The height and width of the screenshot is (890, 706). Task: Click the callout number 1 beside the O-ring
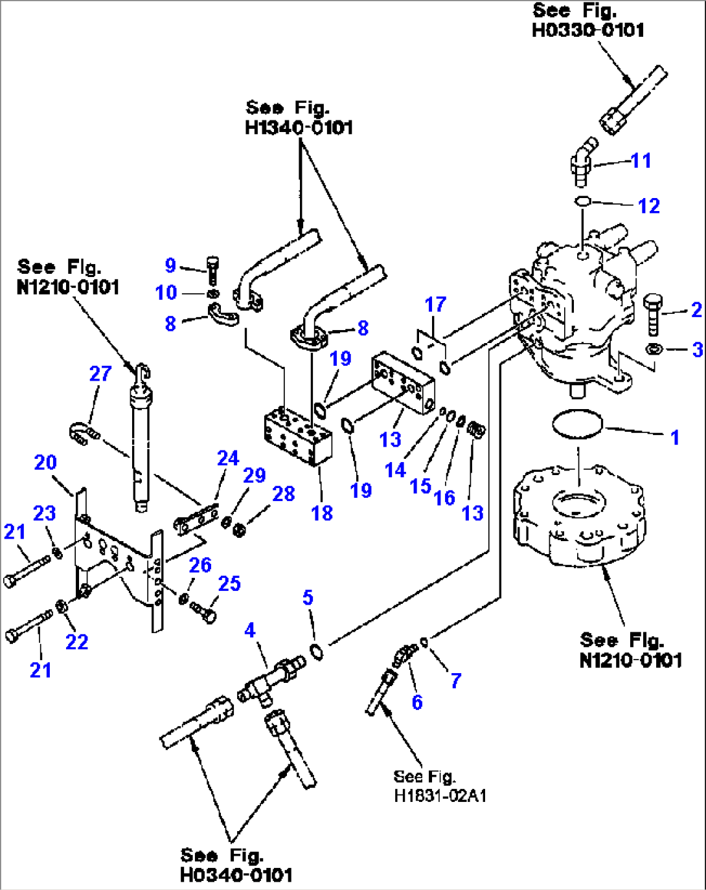tap(674, 438)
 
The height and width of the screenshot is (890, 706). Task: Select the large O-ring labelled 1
tap(577, 425)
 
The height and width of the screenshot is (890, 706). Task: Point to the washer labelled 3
tap(654, 350)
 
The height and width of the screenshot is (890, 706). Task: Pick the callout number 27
tap(100, 373)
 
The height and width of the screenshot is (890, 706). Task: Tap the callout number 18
tap(321, 513)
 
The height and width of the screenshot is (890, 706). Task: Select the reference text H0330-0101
tap(587, 30)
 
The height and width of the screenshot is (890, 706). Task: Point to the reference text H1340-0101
tap(299, 128)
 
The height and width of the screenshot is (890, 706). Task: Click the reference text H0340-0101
tap(236, 875)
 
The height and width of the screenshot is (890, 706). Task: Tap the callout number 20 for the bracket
tap(45, 462)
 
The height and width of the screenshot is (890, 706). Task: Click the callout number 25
tap(229, 583)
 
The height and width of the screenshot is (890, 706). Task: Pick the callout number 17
tap(435, 304)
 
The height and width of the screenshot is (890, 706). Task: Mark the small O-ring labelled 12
tap(582, 201)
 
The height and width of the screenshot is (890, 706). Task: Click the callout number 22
tap(76, 641)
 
